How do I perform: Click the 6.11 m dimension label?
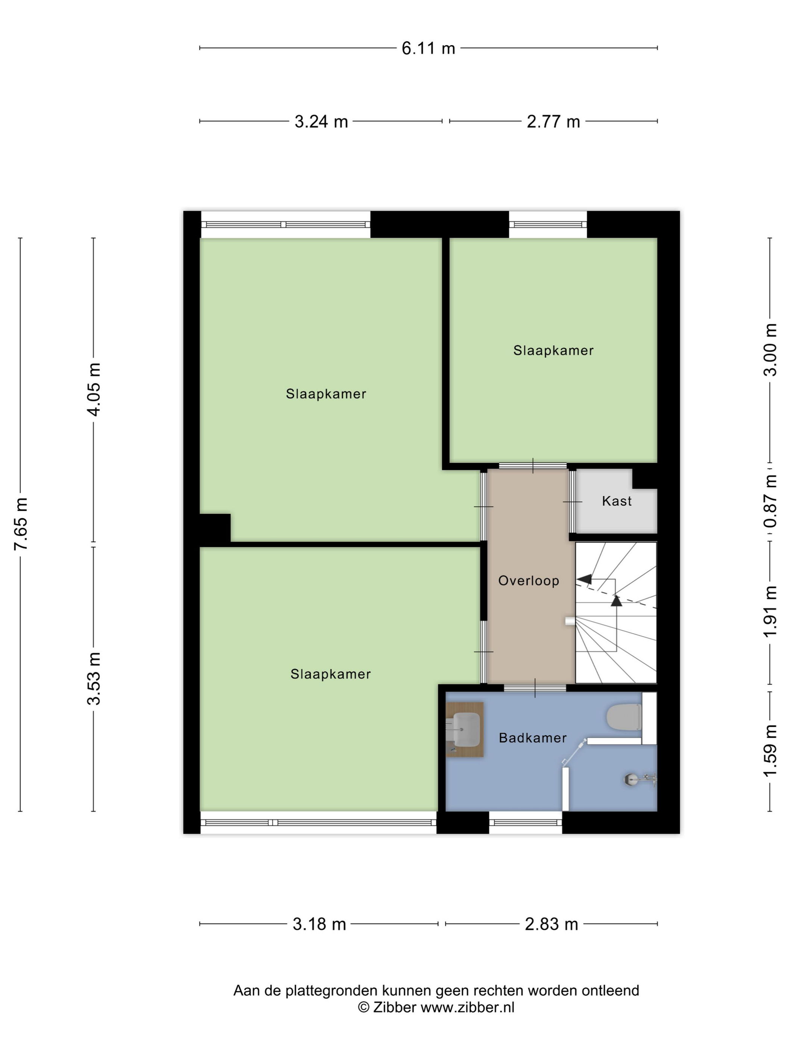(428, 48)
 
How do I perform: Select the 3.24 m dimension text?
(321, 122)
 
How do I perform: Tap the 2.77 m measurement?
(553, 122)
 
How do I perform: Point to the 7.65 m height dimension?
(21, 523)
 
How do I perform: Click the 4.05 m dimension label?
(94, 389)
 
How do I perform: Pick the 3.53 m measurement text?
(94, 679)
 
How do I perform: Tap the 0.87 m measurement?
(770, 501)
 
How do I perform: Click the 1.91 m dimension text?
(770, 611)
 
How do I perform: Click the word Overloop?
(529, 581)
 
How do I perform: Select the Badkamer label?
(532, 738)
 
